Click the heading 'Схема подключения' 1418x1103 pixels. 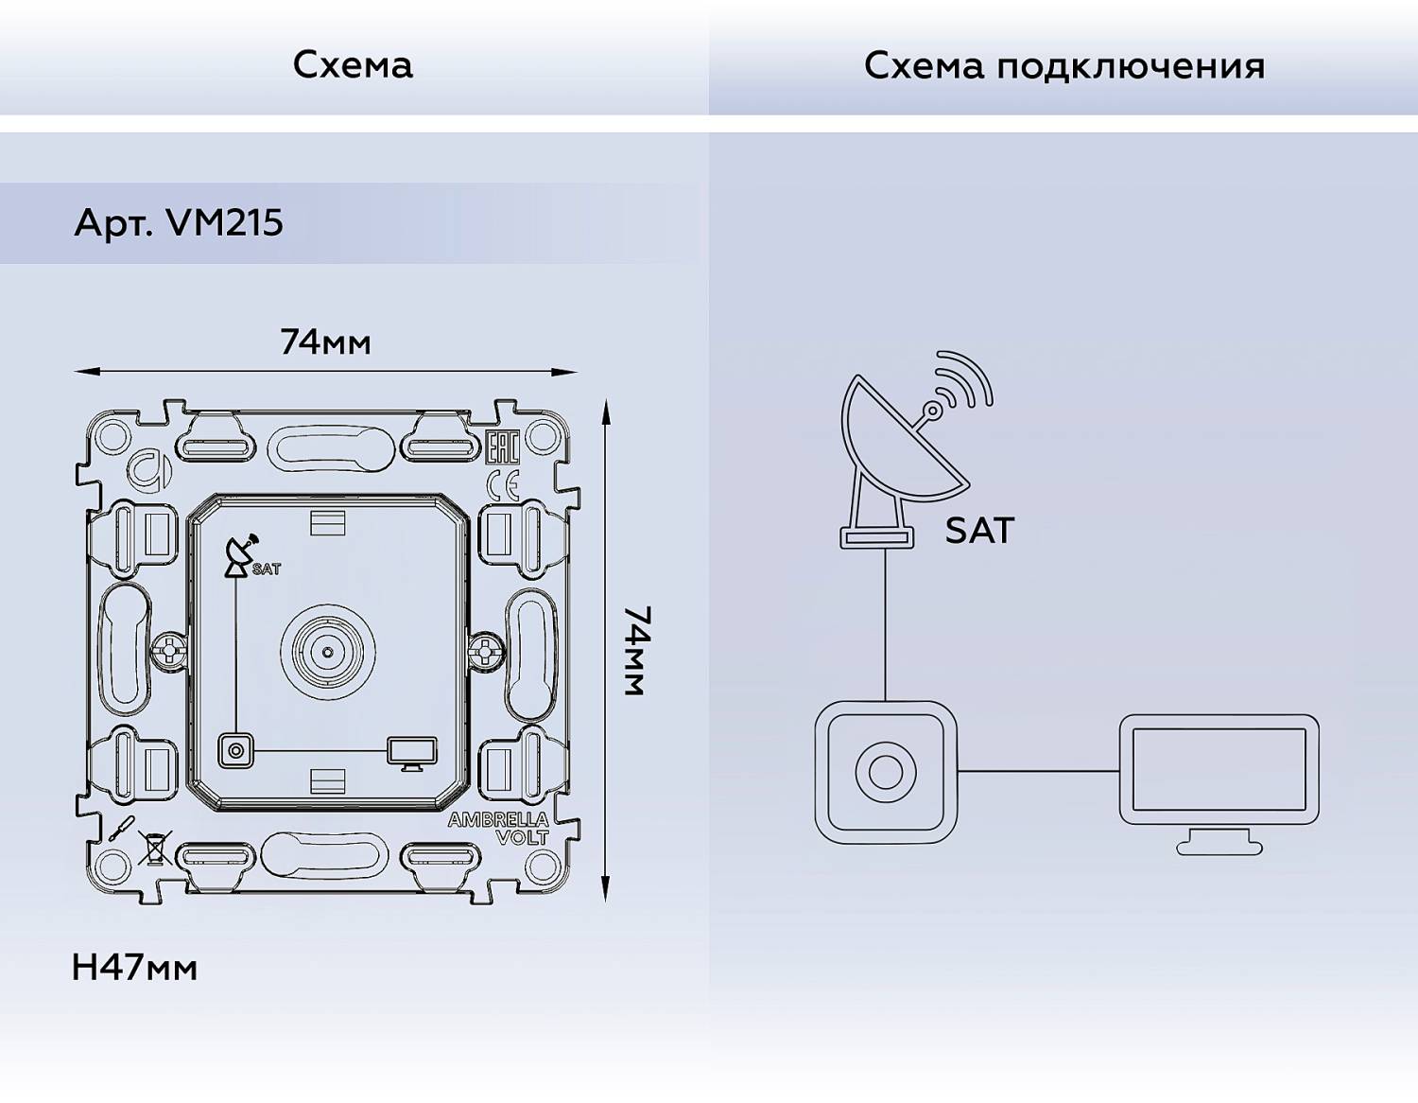coord(1063,65)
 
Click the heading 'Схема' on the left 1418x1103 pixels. coord(353,64)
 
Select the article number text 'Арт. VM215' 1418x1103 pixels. coord(179,222)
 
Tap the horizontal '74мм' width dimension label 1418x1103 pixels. coord(325,341)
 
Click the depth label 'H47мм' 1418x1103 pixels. coord(134,968)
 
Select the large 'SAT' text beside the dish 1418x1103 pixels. coord(979,531)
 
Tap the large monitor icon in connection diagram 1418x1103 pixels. coord(1219,780)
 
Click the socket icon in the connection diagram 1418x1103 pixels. coord(886,772)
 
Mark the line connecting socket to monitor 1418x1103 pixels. coord(1038,771)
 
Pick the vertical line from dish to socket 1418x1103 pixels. coord(886,624)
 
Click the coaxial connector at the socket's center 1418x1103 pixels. coord(327,652)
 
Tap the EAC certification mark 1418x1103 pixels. coord(502,447)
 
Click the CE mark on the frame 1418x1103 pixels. coord(502,486)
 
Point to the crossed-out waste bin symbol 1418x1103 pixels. coord(153,847)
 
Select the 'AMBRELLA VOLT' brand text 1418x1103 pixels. coord(498,828)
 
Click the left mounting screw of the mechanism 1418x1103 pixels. coord(168,651)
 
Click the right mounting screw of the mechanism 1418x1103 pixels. coord(486,651)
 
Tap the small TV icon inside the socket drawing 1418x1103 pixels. coord(411,753)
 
